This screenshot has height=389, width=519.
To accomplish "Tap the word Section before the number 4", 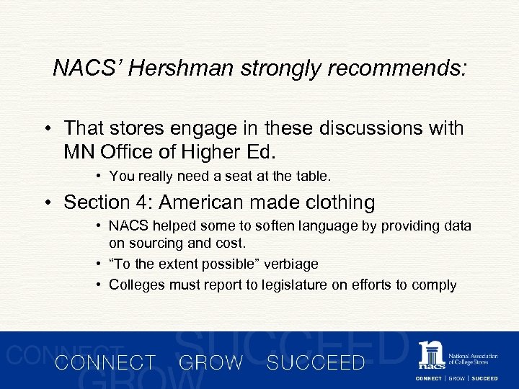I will coord(93,202).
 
